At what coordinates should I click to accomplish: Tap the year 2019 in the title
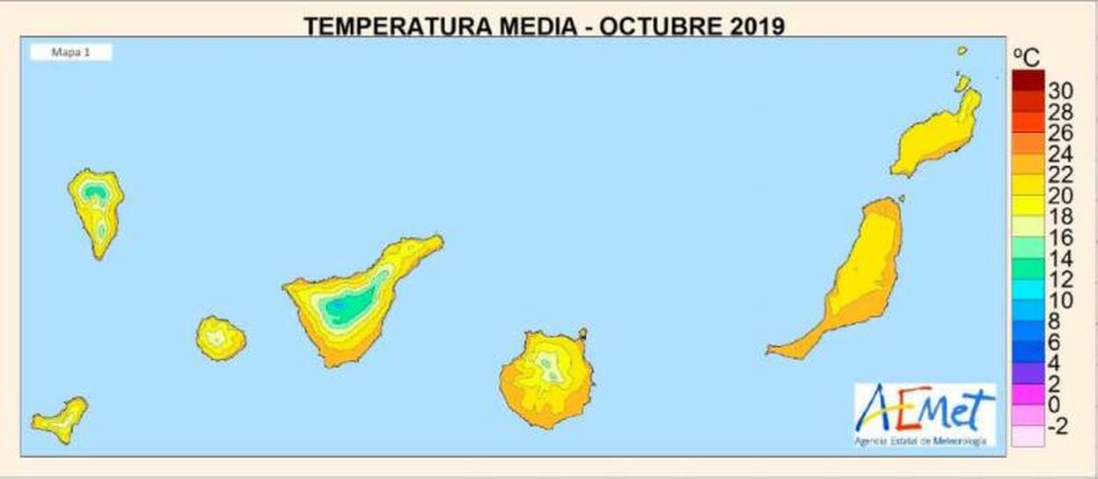click(x=756, y=26)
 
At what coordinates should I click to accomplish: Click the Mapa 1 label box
click(x=71, y=53)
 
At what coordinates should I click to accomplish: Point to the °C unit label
click(x=1027, y=58)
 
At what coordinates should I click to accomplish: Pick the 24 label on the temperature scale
click(x=1060, y=155)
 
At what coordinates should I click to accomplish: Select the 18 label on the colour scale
click(x=1060, y=217)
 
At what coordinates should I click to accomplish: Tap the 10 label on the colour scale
click(x=1060, y=301)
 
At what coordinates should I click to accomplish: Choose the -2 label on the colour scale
click(x=1058, y=427)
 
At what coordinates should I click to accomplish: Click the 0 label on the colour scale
click(x=1055, y=406)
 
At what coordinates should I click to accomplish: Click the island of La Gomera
click(x=220, y=338)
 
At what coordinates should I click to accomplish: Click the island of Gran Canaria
click(x=546, y=380)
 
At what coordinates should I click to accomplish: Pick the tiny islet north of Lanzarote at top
click(x=963, y=51)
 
